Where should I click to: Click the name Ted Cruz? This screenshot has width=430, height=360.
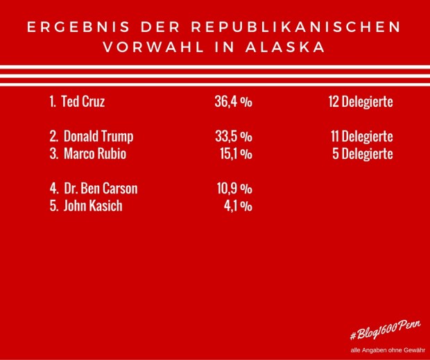83,102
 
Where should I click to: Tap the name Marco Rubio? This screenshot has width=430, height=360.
95,154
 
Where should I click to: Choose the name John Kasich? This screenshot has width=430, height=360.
93,206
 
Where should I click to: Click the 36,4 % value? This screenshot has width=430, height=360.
233,102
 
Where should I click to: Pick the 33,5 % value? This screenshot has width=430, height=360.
233,137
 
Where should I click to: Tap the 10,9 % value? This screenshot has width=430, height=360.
234,189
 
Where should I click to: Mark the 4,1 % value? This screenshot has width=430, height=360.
237,206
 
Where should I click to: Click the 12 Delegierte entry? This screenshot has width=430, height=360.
361,102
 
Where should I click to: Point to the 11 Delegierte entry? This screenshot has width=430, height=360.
362,137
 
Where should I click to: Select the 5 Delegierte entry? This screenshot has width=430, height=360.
363,154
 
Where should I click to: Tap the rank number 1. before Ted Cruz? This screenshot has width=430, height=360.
53,102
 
